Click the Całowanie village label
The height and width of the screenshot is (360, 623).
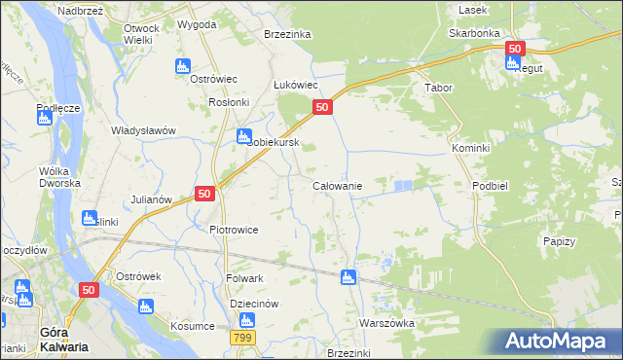pos(337,186)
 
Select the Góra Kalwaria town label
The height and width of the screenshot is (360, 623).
pos(40,339)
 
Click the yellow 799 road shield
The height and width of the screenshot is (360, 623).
pos(243,337)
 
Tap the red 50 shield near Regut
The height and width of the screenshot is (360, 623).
pos(515,48)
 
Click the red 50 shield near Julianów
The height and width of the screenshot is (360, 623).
pos(204,194)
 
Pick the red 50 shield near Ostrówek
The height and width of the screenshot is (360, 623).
pos(90,289)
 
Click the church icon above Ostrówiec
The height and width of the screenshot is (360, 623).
pos(182,66)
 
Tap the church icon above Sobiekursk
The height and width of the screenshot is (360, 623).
pos(244,136)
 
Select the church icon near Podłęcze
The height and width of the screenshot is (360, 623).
pos(44,118)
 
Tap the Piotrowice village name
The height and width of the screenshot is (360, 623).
pos(234,231)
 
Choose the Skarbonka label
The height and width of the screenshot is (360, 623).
pos(474,32)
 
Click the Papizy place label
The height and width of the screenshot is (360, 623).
pos(559,241)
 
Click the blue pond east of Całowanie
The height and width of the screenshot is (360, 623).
pos(402,184)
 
